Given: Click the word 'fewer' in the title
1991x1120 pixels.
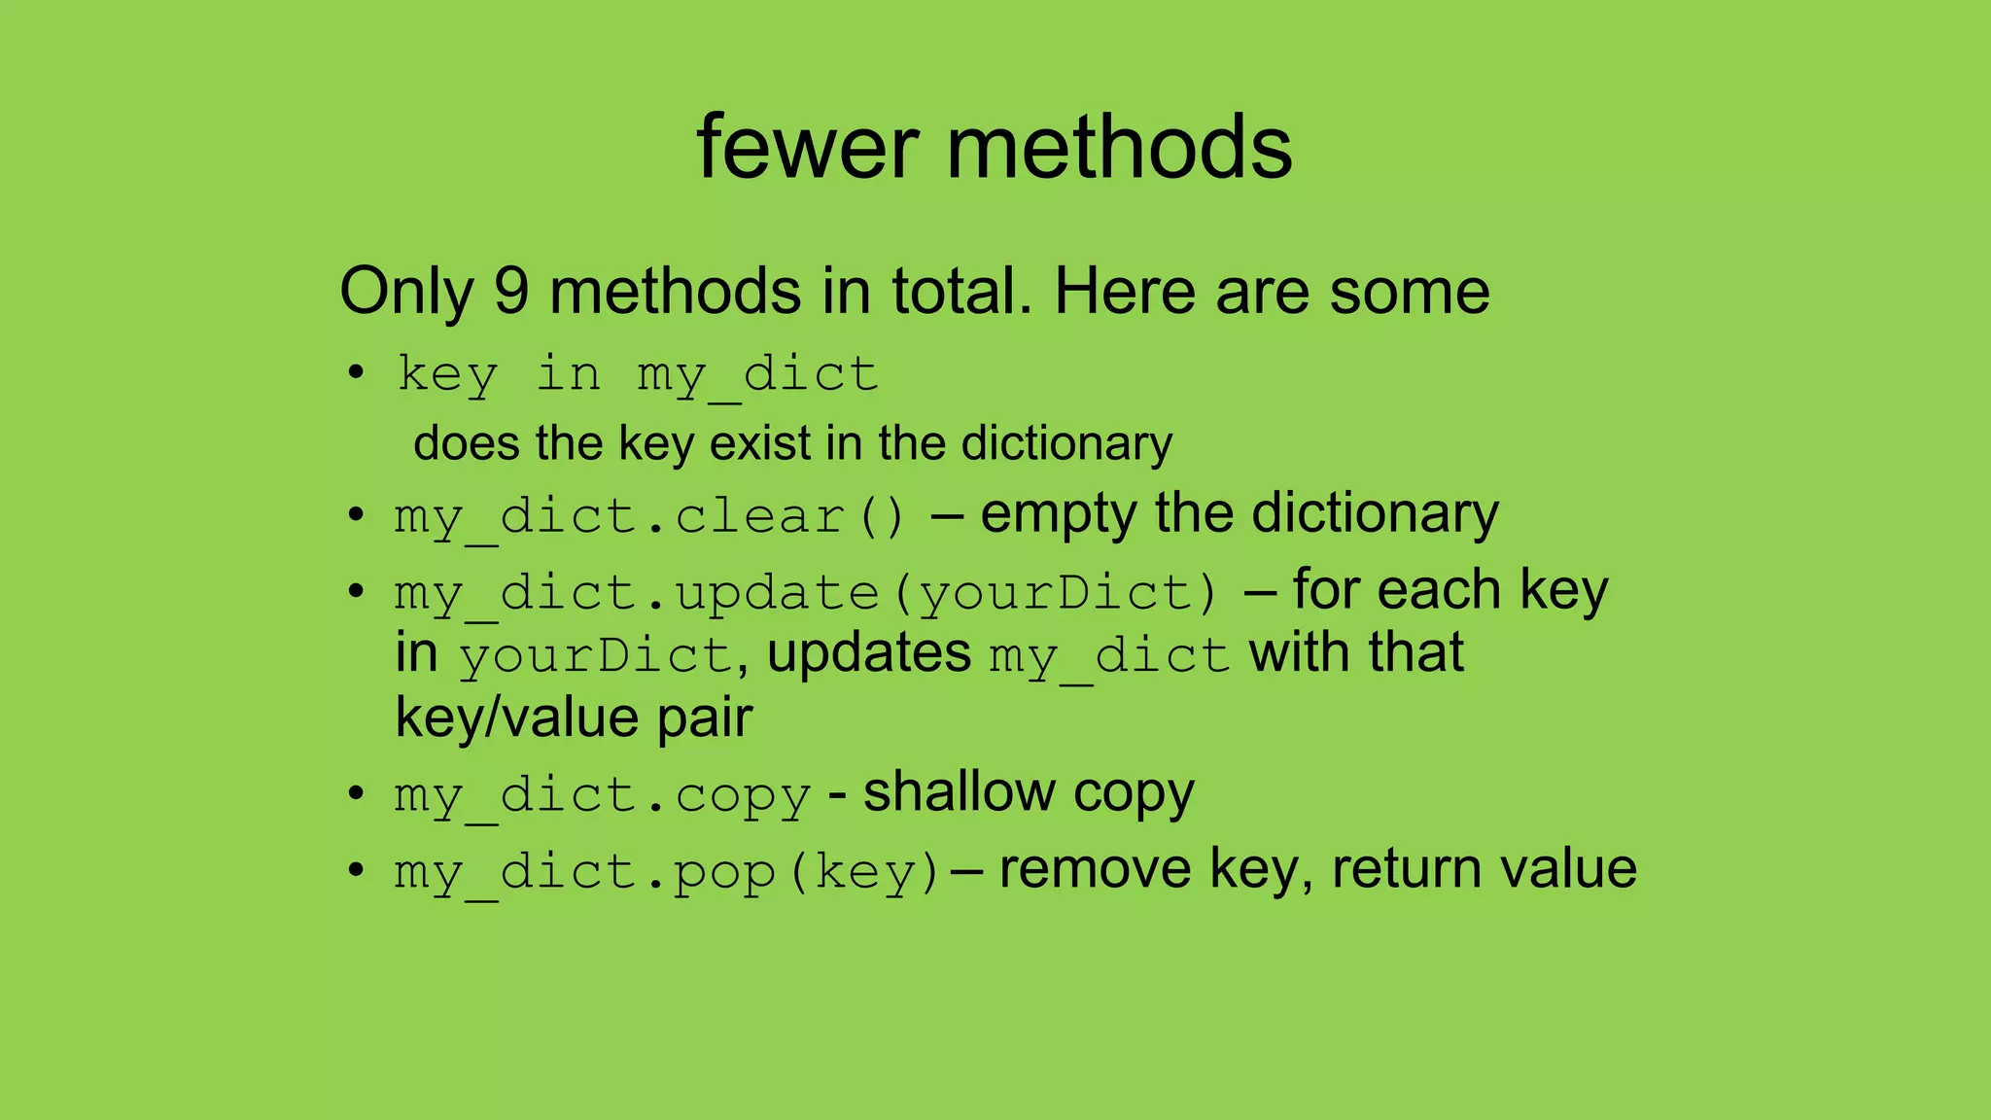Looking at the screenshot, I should [x=807, y=148].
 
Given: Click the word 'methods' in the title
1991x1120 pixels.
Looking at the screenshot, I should [x=1119, y=148].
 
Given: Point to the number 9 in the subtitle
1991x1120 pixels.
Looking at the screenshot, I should [x=511, y=291].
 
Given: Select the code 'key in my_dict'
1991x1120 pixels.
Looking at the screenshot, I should [x=638, y=374].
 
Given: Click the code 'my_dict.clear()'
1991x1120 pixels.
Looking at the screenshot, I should [x=649, y=515].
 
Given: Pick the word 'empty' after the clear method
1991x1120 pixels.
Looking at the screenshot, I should [x=1058, y=515].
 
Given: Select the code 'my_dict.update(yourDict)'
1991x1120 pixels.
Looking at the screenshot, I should [x=806, y=593].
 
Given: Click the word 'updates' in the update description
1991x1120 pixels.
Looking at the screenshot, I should [x=869, y=652].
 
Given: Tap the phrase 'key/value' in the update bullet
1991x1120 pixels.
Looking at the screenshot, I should [x=516, y=718].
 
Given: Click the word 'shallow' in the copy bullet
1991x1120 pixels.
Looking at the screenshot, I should [x=959, y=792].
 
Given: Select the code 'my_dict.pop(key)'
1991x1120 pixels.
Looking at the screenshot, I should [x=667, y=871].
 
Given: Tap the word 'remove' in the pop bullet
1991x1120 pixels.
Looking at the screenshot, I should [x=1095, y=869].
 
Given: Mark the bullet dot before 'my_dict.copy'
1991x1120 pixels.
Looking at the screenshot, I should [x=357, y=792].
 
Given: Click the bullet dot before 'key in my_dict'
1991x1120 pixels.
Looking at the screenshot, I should [x=357, y=372].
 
